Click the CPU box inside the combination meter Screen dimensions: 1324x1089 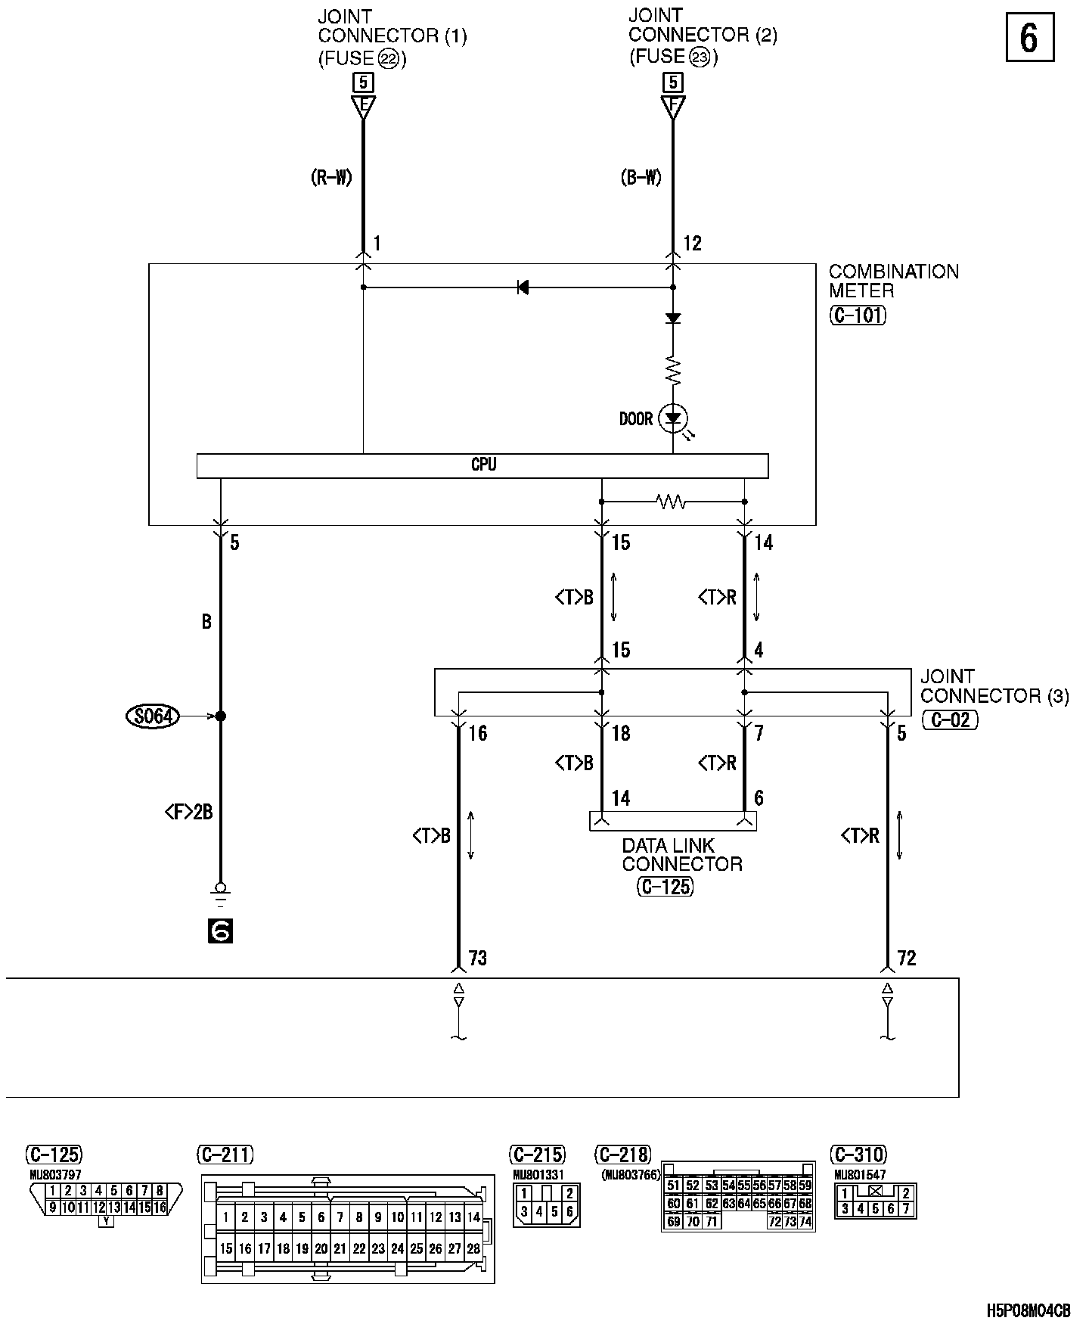pyautogui.click(x=482, y=465)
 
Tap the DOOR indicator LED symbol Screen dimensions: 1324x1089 pyautogui.click(x=672, y=418)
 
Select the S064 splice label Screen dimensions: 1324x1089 pyautogui.click(x=153, y=716)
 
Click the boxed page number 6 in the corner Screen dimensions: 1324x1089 pyautogui.click(x=1029, y=38)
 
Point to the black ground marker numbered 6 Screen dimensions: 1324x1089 pyautogui.click(x=220, y=931)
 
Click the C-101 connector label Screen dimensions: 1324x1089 pyautogui.click(x=857, y=315)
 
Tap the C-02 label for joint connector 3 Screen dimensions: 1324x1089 pyautogui.click(x=950, y=719)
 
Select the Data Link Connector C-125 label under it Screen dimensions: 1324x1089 pyautogui.click(x=665, y=886)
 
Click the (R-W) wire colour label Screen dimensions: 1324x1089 pyautogui.click(x=331, y=177)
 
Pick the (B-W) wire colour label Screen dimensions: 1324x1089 pyautogui.click(x=641, y=177)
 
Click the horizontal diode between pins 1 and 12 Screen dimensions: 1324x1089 pyautogui.click(x=522, y=287)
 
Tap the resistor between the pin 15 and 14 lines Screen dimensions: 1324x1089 pyautogui.click(x=671, y=501)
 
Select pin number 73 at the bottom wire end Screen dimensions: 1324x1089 pyautogui.click(x=478, y=959)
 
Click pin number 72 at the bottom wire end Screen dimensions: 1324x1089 pyautogui.click(x=906, y=959)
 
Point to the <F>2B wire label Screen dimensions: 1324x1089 pyautogui.click(x=188, y=813)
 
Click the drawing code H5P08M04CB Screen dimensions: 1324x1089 pyautogui.click(x=1028, y=1310)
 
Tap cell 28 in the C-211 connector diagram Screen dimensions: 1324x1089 pyautogui.click(x=473, y=1248)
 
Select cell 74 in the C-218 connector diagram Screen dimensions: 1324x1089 pyautogui.click(x=805, y=1221)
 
